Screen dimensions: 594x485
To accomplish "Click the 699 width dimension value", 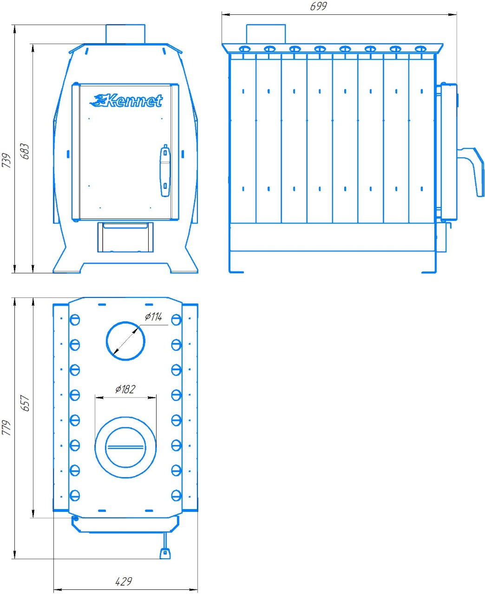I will [318, 6].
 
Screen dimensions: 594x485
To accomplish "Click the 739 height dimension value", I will [6, 160].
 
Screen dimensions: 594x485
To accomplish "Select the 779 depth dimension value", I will [6, 427].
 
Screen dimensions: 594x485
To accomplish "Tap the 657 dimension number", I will [25, 403].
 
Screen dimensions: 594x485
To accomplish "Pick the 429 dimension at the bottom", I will [123, 581].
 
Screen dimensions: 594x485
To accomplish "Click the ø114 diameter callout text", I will [153, 317].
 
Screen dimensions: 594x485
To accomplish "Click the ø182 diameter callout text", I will [125, 389].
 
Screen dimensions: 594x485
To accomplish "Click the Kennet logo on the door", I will [127, 100].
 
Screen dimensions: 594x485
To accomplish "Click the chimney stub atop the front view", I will [125, 34].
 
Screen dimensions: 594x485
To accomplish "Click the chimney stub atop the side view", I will [265, 34].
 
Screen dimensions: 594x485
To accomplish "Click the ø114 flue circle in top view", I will [126, 341].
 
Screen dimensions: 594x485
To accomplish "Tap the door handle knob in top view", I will [164, 553].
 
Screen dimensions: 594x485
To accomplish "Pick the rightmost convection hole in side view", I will [420, 49].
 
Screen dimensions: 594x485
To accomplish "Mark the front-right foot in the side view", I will [430, 271].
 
